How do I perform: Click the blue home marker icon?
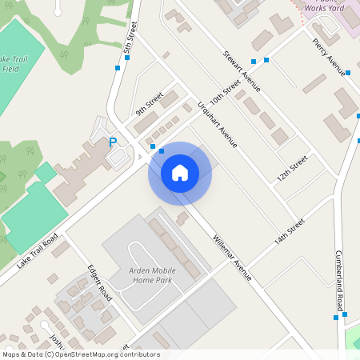[180, 173]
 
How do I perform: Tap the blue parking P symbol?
[113, 142]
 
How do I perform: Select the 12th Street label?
[293, 168]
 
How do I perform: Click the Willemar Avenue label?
[232, 258]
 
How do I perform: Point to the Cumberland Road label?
[340, 281]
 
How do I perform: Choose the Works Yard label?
[326, 7]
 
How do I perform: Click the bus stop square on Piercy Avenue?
[348, 73]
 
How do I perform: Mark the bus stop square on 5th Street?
[118, 69]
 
